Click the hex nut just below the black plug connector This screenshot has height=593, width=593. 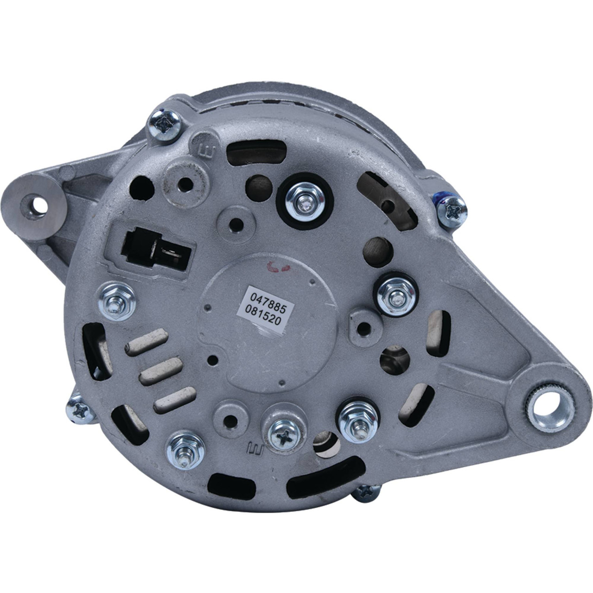click(117, 302)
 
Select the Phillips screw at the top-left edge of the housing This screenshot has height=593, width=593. click(164, 125)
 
